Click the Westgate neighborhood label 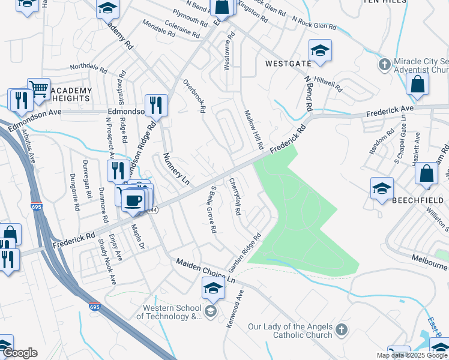point(288,63)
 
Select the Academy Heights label point(71,95)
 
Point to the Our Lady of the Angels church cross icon point(341,329)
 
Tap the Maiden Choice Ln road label point(206,271)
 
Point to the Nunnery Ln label point(176,169)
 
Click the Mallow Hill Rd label point(253,130)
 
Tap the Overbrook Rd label point(194,96)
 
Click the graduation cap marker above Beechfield point(382,188)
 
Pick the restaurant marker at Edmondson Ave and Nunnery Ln point(156,105)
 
